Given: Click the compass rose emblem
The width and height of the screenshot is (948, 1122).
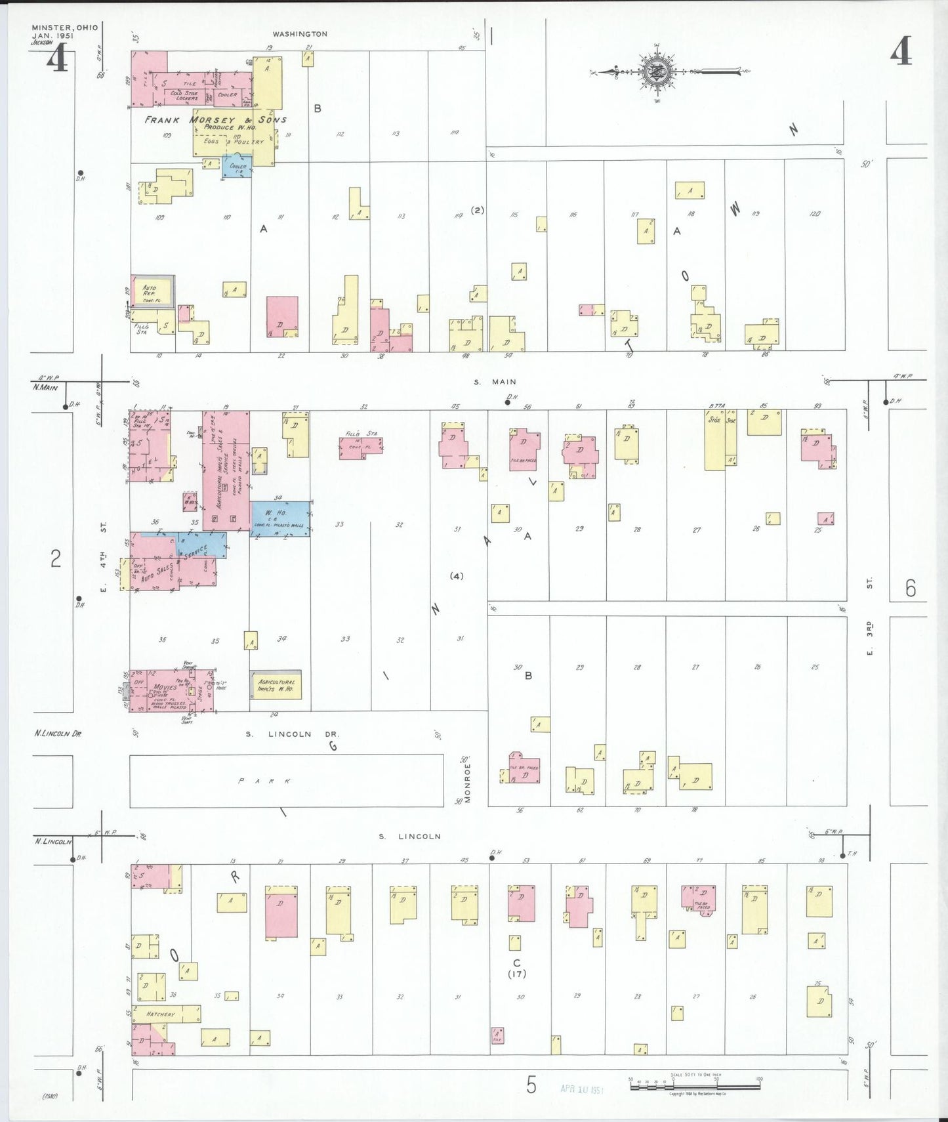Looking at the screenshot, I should pos(654,72).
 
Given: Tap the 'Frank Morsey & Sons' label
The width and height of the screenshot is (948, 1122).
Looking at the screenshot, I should pos(215,120).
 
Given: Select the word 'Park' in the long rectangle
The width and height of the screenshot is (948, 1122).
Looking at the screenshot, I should pos(264,781).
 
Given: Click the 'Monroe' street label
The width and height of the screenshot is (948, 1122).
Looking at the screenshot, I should pos(468,782).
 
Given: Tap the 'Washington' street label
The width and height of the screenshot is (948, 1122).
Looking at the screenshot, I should pos(300,34).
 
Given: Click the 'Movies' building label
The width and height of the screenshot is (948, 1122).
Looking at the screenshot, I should pos(165,687).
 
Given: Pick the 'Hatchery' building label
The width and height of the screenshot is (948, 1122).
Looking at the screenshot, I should pos(161,1014).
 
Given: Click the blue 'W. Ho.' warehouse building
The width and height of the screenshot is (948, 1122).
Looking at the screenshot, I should pos(280,518).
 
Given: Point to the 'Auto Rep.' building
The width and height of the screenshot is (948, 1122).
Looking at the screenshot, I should pos(152,291).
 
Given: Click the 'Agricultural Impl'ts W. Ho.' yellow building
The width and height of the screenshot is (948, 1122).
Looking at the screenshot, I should pos(276,685).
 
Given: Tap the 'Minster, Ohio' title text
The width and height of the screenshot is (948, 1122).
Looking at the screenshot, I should pos(64,28).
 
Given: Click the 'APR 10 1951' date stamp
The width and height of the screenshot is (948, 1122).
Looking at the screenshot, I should pos(581,1089).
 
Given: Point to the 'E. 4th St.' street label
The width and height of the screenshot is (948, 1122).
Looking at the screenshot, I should pos(103,556).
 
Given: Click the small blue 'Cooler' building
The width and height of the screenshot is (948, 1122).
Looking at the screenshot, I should pos(237,167).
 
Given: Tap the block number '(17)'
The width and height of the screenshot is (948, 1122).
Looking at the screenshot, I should pos(516,973).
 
